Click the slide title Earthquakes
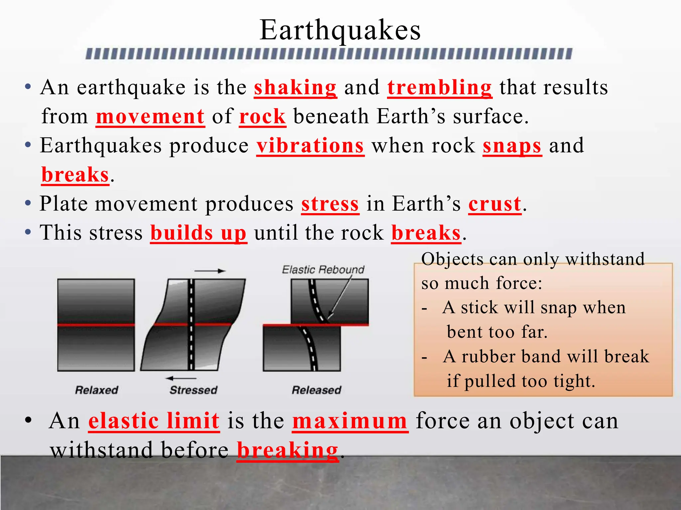click(340, 30)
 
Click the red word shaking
click(295, 88)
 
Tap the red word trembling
click(439, 88)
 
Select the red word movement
click(150, 117)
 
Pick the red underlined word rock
click(262, 117)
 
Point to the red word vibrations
click(310, 146)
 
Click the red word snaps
click(512, 146)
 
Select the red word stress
click(330, 204)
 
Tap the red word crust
click(494, 204)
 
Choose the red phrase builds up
click(198, 233)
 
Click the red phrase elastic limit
click(154, 421)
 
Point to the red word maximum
click(350, 421)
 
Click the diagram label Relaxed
click(96, 390)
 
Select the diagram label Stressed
click(193, 390)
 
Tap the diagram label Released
click(316, 390)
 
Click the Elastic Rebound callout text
click(323, 270)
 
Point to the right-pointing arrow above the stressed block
click(210, 271)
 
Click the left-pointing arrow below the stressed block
click(181, 378)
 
